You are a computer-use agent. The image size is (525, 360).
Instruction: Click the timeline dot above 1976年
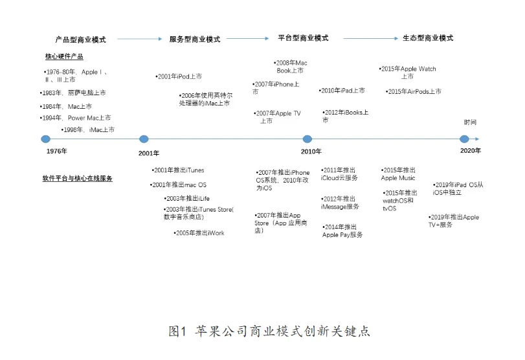tap(45, 139)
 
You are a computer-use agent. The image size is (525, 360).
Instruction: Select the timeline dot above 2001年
tap(144, 139)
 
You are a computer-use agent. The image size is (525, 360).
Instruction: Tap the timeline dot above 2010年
tap(307, 139)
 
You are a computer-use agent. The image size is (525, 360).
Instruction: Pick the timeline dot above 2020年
tap(464, 139)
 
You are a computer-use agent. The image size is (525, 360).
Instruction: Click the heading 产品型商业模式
tap(80, 39)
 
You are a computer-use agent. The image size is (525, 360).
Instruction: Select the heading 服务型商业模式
tap(194, 39)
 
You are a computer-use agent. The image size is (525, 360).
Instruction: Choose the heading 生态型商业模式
tap(427, 38)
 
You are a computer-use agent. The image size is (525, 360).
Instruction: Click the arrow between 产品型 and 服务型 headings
tap(139, 39)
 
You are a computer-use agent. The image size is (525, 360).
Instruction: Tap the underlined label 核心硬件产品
tap(63, 56)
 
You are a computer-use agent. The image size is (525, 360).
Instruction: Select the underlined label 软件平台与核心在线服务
tap(77, 178)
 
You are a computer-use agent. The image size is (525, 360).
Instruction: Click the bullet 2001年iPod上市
tap(179, 76)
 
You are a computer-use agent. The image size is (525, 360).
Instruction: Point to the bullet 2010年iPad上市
tap(342, 91)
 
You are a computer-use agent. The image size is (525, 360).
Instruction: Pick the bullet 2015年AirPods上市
tap(413, 92)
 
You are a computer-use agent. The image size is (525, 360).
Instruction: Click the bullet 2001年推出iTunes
tap(178, 170)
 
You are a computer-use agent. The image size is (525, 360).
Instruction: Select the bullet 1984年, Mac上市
tap(65, 106)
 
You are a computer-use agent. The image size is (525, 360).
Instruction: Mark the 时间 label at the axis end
tap(470, 122)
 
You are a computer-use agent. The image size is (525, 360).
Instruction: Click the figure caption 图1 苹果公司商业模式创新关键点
tap(269, 332)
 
